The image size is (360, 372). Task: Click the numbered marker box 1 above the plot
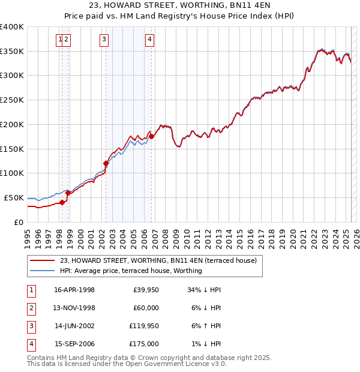point(60,40)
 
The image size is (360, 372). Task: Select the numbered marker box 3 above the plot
point(104,40)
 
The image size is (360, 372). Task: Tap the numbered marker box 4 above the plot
point(149,40)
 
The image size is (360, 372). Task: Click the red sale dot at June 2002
point(106,163)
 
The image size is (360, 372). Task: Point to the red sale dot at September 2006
point(151,136)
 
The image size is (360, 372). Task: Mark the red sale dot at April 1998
point(62,202)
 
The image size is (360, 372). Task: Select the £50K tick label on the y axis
point(14,197)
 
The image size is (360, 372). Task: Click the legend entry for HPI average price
point(131,271)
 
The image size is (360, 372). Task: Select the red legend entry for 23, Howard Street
point(158,260)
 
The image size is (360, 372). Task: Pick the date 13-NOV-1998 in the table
point(74,308)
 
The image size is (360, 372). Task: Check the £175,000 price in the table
point(145,344)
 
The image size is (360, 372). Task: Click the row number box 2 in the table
point(30,308)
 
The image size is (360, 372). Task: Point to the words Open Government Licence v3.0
point(176,364)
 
